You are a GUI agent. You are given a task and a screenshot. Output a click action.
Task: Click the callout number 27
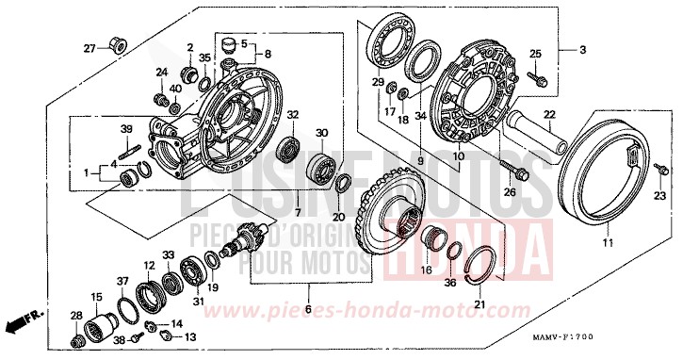(x=89, y=48)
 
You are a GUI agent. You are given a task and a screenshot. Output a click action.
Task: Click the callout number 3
(x=581, y=49)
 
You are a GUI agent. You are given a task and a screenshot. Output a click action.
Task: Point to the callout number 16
(x=426, y=270)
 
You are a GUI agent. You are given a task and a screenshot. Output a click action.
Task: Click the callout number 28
(x=76, y=316)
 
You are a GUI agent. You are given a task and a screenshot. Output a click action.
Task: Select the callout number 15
(x=95, y=298)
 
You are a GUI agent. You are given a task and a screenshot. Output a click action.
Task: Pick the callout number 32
(x=293, y=114)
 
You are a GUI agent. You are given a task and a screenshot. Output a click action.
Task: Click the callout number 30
(x=322, y=133)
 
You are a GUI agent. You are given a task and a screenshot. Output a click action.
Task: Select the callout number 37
(x=122, y=282)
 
